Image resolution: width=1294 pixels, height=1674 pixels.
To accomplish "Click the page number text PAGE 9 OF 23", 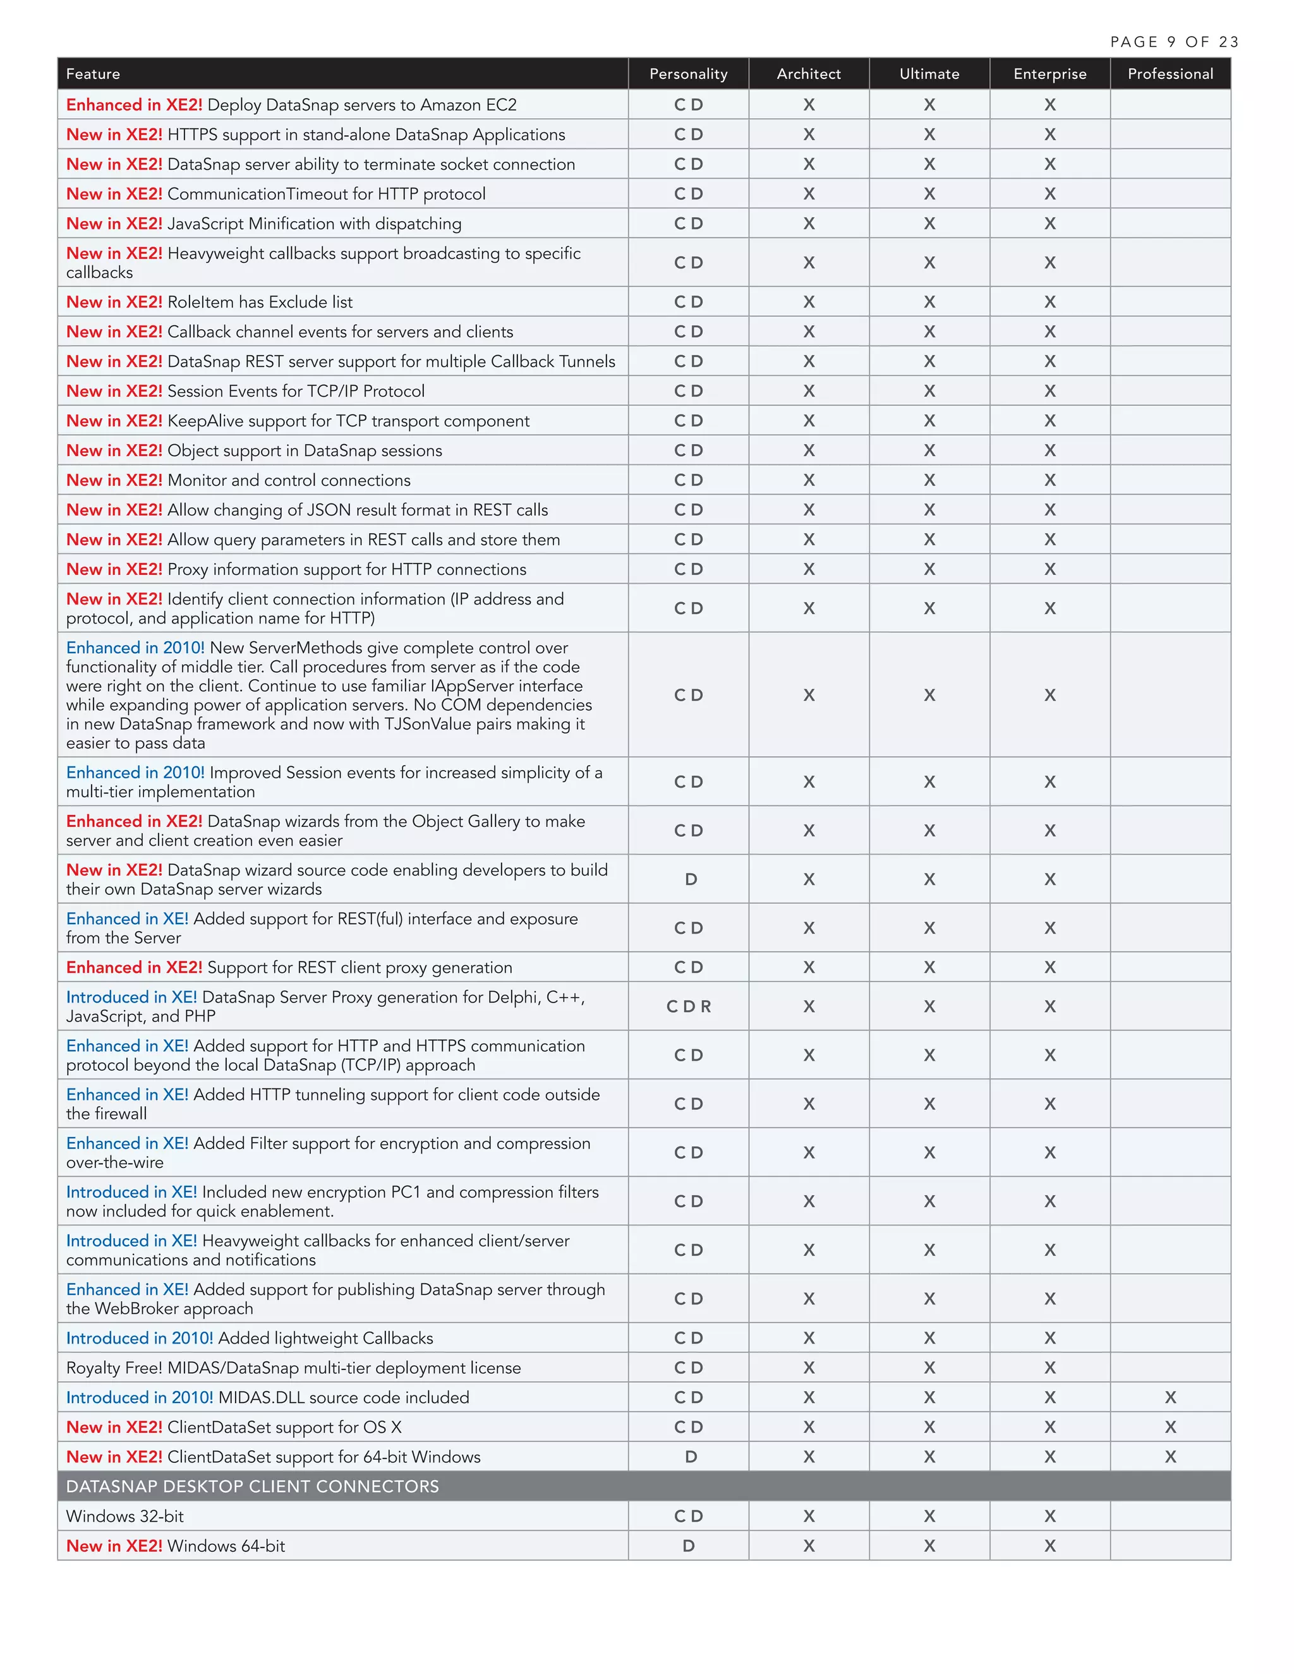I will click(x=1174, y=42).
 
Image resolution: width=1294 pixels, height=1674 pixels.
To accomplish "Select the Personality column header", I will click(x=687, y=73).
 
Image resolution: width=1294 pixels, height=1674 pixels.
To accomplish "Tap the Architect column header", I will click(x=808, y=73).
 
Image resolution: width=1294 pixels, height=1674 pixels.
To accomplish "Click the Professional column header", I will click(x=1170, y=73).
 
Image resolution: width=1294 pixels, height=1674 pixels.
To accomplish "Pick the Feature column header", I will click(x=93, y=73).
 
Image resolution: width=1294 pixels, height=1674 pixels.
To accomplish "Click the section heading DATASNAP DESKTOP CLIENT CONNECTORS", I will click(x=252, y=1486).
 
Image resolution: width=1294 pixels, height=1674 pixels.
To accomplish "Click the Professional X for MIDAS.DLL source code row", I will click(x=1170, y=1397).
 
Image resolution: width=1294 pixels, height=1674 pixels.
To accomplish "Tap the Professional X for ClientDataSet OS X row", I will click(x=1170, y=1427).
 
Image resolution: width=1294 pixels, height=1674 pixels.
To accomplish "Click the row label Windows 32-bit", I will click(x=125, y=1516).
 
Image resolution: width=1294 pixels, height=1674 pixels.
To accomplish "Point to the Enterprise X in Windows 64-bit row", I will click(x=1049, y=1546).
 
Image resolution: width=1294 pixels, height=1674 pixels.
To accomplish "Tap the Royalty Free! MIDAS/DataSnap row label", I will click(x=293, y=1368).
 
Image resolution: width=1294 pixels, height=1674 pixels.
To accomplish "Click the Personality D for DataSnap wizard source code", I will click(x=691, y=879).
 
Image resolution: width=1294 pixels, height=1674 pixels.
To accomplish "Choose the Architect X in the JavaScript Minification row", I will click(x=809, y=224).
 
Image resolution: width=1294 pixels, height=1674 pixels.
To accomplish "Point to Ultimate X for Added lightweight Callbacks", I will click(x=929, y=1337).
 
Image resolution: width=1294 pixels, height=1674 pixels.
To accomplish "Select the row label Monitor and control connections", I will click(x=288, y=481).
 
